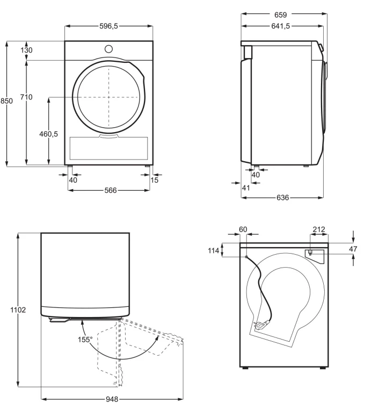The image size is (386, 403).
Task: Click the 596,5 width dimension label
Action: (108, 26)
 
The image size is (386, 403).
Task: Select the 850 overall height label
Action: (6, 101)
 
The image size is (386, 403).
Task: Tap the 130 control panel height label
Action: (26, 50)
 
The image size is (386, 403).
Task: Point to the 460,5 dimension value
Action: (48, 134)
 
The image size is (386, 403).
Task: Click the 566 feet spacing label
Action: (111, 190)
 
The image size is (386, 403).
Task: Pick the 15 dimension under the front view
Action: (155, 180)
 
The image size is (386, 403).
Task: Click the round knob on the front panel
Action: (108, 49)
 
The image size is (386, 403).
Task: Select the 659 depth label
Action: (280, 15)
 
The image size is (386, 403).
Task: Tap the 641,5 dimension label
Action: (280, 26)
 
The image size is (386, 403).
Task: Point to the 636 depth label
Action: (283, 197)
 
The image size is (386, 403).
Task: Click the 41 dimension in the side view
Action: (246, 188)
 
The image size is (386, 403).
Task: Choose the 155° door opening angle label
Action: (85, 340)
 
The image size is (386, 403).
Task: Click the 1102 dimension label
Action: (18, 310)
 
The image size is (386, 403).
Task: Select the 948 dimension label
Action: (112, 399)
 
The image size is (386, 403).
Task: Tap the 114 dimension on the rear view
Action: (214, 250)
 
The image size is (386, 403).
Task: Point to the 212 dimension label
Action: (319, 229)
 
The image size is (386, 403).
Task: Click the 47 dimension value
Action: (353, 249)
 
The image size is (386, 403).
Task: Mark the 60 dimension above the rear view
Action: (243, 229)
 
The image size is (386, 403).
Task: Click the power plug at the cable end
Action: (261, 325)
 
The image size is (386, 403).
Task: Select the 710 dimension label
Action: (26, 97)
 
